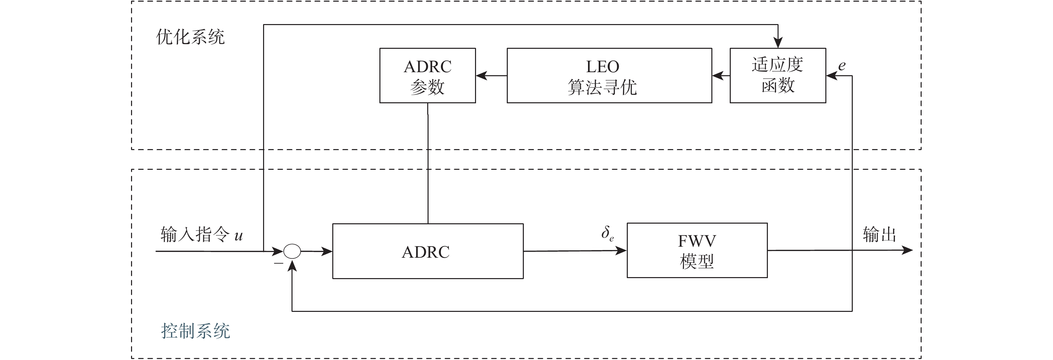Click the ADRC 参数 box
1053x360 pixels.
428,76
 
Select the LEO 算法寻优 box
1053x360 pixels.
609,76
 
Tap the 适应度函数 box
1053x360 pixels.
778,76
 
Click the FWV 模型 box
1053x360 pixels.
697,250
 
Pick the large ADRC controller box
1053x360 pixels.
428,251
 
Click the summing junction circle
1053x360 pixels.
292,251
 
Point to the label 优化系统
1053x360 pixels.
190,37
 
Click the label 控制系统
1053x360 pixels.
196,331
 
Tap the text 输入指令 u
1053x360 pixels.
202,235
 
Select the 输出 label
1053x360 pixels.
879,235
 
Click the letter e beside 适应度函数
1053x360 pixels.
842,66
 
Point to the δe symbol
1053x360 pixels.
607,234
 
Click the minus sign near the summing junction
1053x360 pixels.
278,263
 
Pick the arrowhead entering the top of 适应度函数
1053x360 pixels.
778,43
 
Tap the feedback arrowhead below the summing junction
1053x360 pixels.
292,266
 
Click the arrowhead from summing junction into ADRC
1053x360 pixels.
327,251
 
